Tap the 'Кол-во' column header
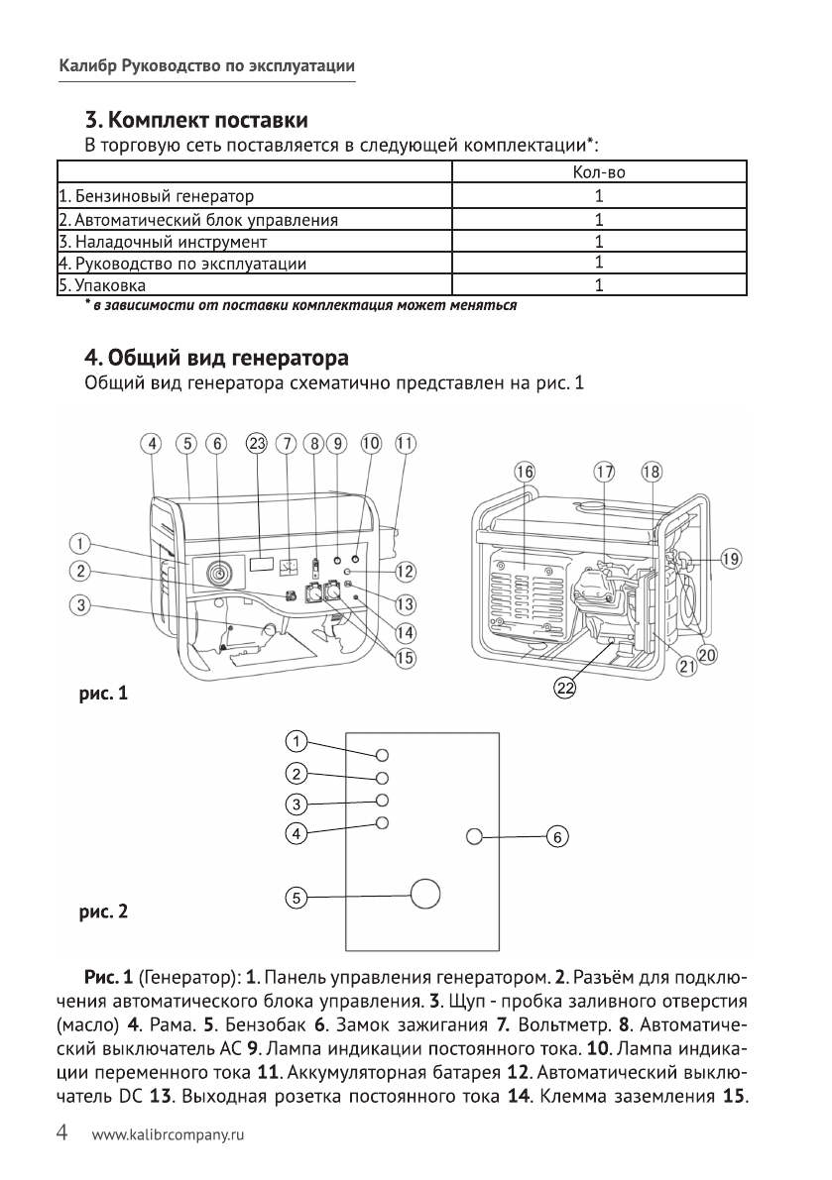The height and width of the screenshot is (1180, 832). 599,173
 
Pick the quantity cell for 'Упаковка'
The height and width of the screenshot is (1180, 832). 599,286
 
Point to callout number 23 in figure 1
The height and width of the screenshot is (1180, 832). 257,444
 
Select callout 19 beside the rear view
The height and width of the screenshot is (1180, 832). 730,560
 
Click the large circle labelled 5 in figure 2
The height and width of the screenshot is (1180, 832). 424,893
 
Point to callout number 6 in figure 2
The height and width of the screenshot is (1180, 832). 557,837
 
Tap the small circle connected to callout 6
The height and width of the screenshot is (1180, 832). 475,837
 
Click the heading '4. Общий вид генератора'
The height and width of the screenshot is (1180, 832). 216,355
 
